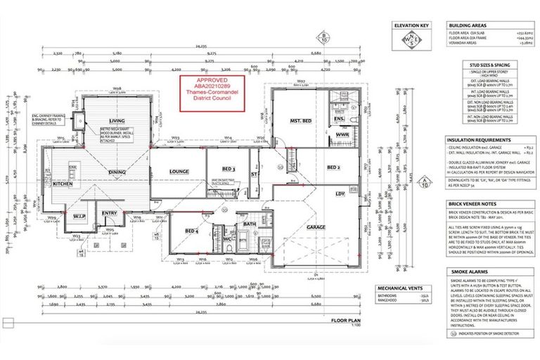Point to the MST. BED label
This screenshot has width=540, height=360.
pyautogui.click(x=301, y=121)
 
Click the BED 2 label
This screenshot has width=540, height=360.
pyautogui.click(x=335, y=167)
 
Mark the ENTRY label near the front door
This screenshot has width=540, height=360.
pyautogui.click(x=109, y=213)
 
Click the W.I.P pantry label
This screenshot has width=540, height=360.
pyautogui.click(x=78, y=214)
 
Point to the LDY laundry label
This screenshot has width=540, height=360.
pyautogui.click(x=340, y=193)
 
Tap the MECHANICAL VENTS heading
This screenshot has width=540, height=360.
pyautogui.click(x=397, y=288)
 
